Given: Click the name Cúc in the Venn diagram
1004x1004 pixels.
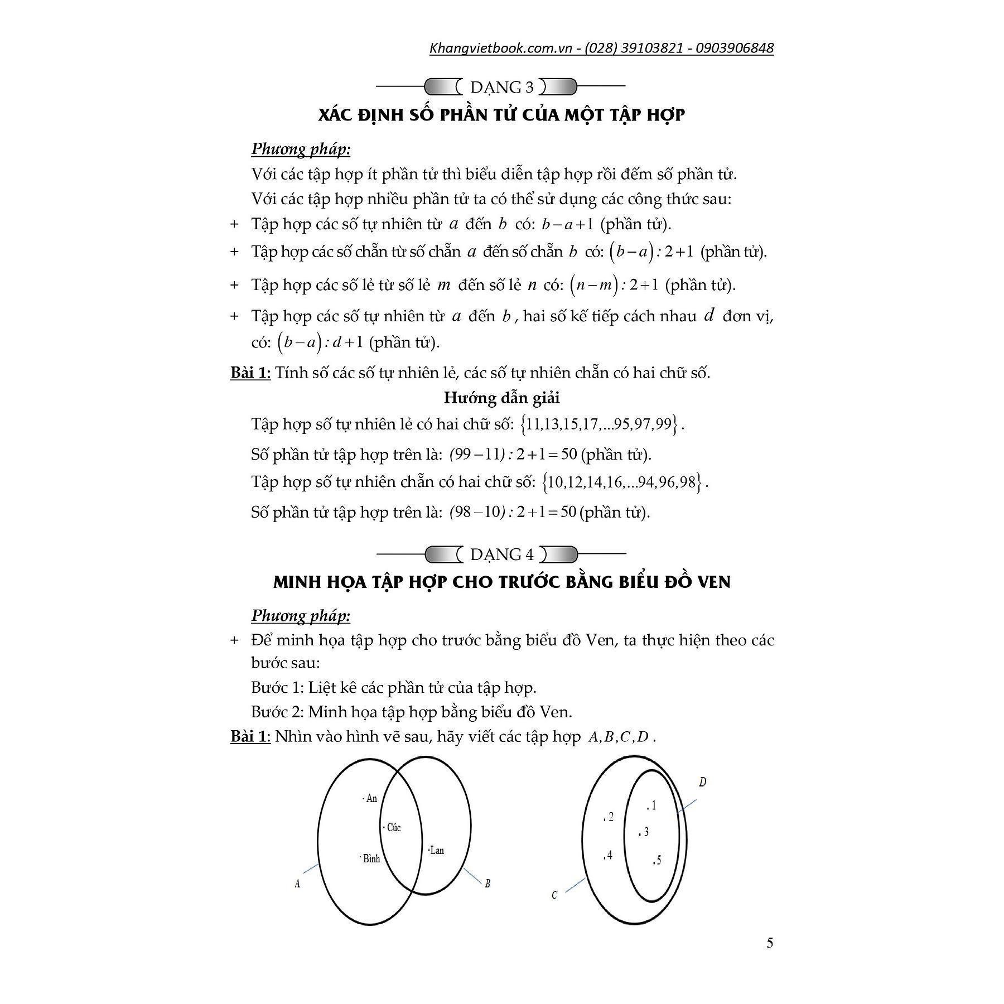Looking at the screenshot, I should [x=394, y=827].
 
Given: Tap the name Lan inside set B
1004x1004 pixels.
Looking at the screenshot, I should [x=437, y=850].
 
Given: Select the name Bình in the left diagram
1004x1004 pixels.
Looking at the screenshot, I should [x=371, y=858].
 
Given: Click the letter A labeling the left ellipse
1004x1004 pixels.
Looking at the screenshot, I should [x=297, y=884].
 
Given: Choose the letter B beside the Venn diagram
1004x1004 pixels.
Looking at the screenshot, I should [x=487, y=884].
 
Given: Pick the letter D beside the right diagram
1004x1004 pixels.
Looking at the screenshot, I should [x=702, y=782].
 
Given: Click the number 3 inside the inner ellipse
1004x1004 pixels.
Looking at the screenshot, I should [x=646, y=832].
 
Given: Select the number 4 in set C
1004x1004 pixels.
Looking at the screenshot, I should [x=610, y=855].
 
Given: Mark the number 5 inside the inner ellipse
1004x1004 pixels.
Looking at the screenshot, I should [x=659, y=860].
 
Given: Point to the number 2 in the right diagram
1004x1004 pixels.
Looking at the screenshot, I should [x=611, y=817].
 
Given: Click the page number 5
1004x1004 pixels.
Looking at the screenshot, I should [x=770, y=943].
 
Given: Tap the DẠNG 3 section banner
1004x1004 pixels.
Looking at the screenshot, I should [x=501, y=87].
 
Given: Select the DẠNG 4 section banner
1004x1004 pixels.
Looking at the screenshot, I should [x=501, y=554].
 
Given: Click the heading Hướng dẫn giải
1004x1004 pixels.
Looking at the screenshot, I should [x=501, y=398].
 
